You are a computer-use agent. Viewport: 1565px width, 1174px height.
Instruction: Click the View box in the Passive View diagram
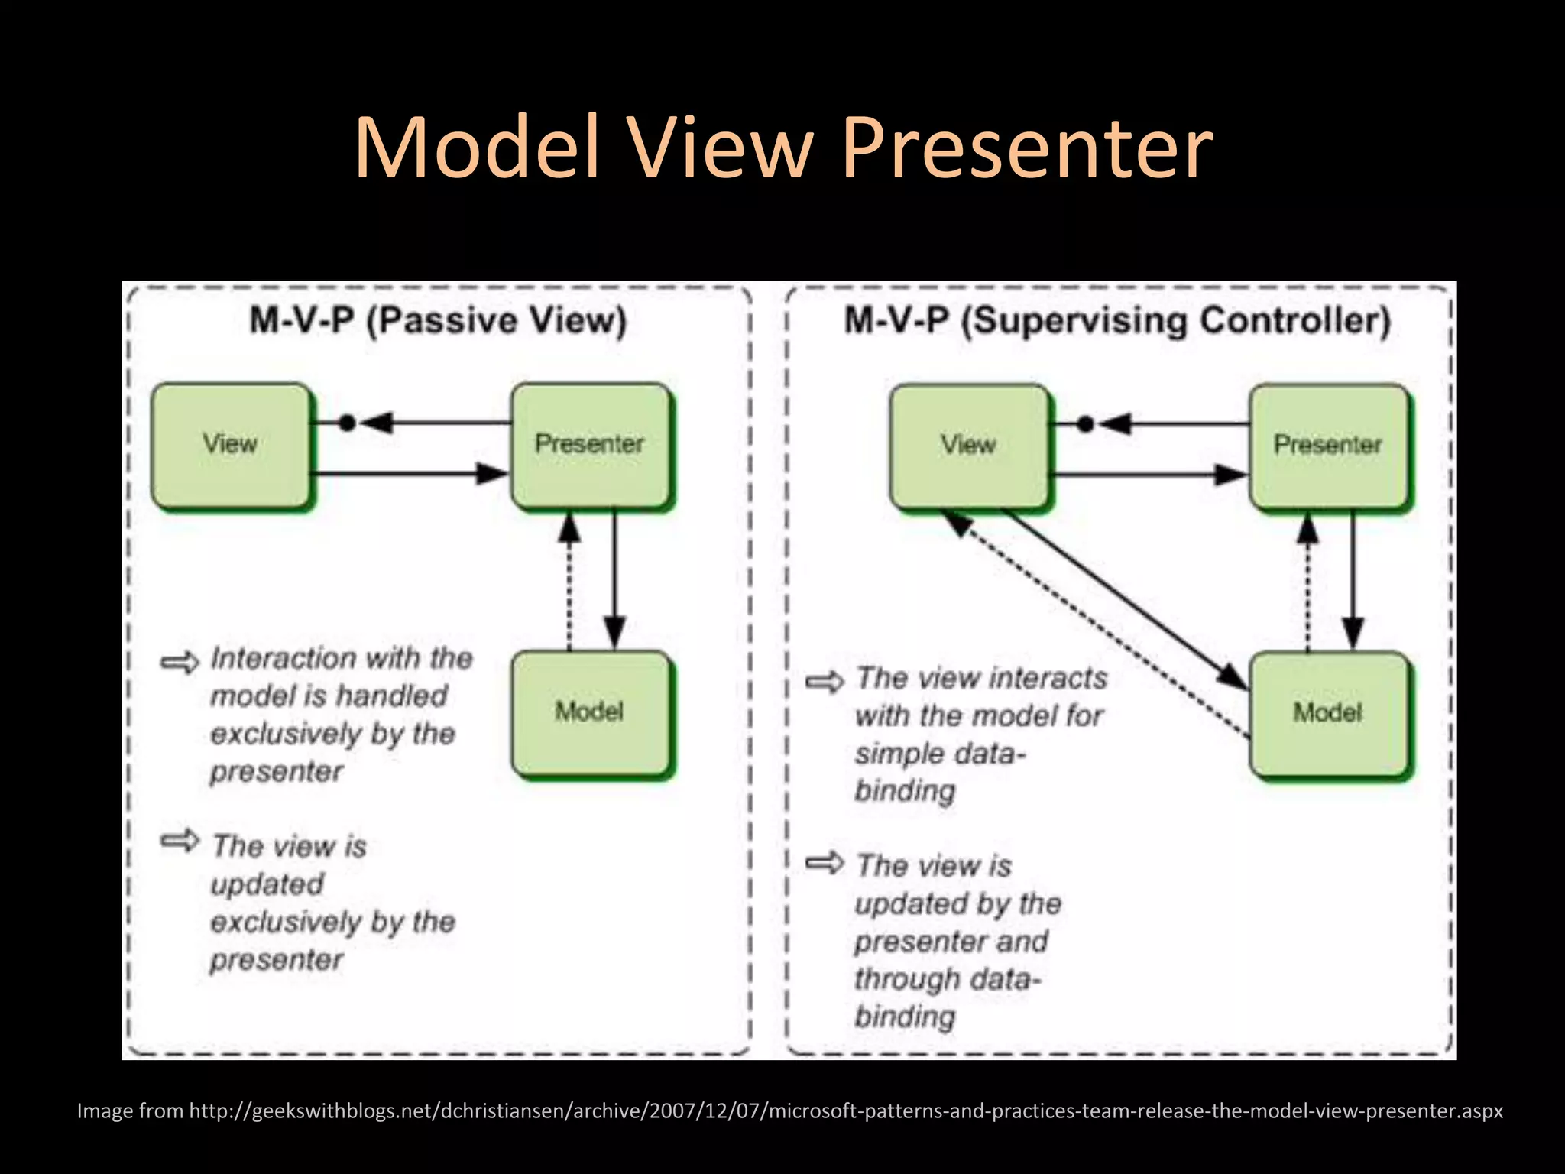(x=231, y=445)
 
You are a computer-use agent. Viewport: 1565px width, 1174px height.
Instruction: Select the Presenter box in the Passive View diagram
(x=590, y=445)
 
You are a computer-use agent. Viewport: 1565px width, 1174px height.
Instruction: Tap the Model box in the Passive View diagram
(x=590, y=712)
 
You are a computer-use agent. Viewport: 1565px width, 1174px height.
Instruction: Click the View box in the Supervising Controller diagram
(x=969, y=446)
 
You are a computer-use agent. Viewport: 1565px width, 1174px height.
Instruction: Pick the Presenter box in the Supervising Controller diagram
(x=1328, y=446)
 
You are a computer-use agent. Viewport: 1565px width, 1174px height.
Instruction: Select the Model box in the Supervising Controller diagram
(x=1328, y=713)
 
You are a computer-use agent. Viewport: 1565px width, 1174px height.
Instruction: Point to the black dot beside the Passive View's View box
(x=347, y=423)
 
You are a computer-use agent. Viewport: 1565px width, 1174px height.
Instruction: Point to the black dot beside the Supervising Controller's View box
(x=1085, y=424)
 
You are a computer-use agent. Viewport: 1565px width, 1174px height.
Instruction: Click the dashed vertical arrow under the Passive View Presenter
(x=569, y=581)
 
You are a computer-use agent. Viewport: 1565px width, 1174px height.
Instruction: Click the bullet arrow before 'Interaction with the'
(x=180, y=662)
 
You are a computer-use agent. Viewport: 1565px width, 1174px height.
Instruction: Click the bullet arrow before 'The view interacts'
(x=825, y=681)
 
